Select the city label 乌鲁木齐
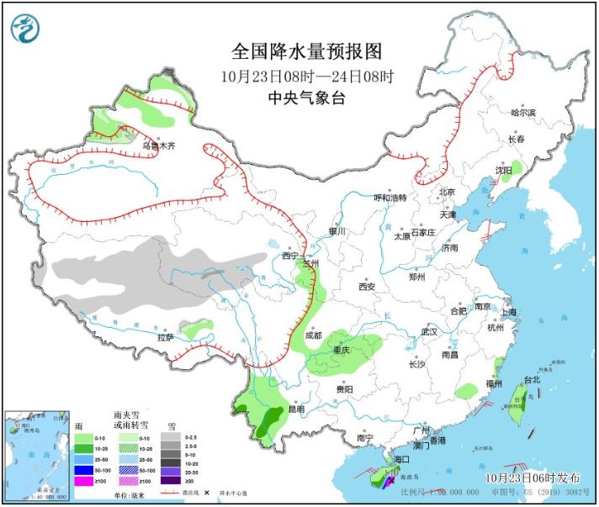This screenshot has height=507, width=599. click(157, 145)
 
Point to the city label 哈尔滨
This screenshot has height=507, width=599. click(522, 113)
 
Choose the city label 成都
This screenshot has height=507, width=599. click(313, 335)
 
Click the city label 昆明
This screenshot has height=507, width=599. click(296, 409)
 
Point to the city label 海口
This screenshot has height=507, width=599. click(401, 459)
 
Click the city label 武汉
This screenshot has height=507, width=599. click(430, 332)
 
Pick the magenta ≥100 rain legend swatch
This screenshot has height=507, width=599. click(82, 482)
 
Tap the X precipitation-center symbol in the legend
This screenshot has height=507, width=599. click(206, 492)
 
